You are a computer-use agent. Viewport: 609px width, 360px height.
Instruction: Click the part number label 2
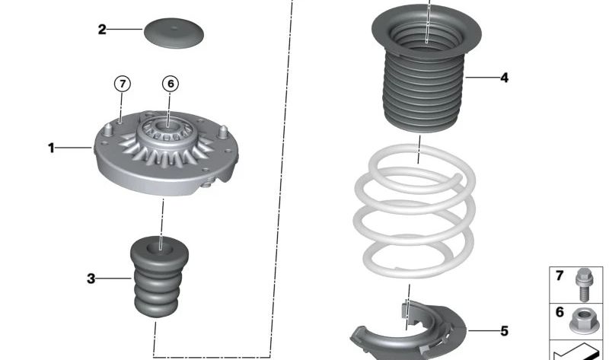(102, 30)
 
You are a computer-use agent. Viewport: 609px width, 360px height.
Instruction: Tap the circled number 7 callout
(122, 84)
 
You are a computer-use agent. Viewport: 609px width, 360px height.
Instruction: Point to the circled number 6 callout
(171, 84)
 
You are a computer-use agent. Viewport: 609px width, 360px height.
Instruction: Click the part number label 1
(52, 148)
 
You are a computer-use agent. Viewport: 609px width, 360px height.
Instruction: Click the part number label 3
(91, 279)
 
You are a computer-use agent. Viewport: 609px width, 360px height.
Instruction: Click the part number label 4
(504, 78)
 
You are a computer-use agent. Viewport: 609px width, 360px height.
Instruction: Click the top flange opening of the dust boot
(427, 30)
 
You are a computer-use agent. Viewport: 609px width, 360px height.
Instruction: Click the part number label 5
(504, 331)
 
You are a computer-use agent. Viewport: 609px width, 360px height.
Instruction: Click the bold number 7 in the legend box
(560, 276)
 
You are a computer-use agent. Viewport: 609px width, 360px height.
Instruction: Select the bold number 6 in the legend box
(560, 311)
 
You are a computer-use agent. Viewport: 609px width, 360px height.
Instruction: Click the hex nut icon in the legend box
(585, 320)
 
